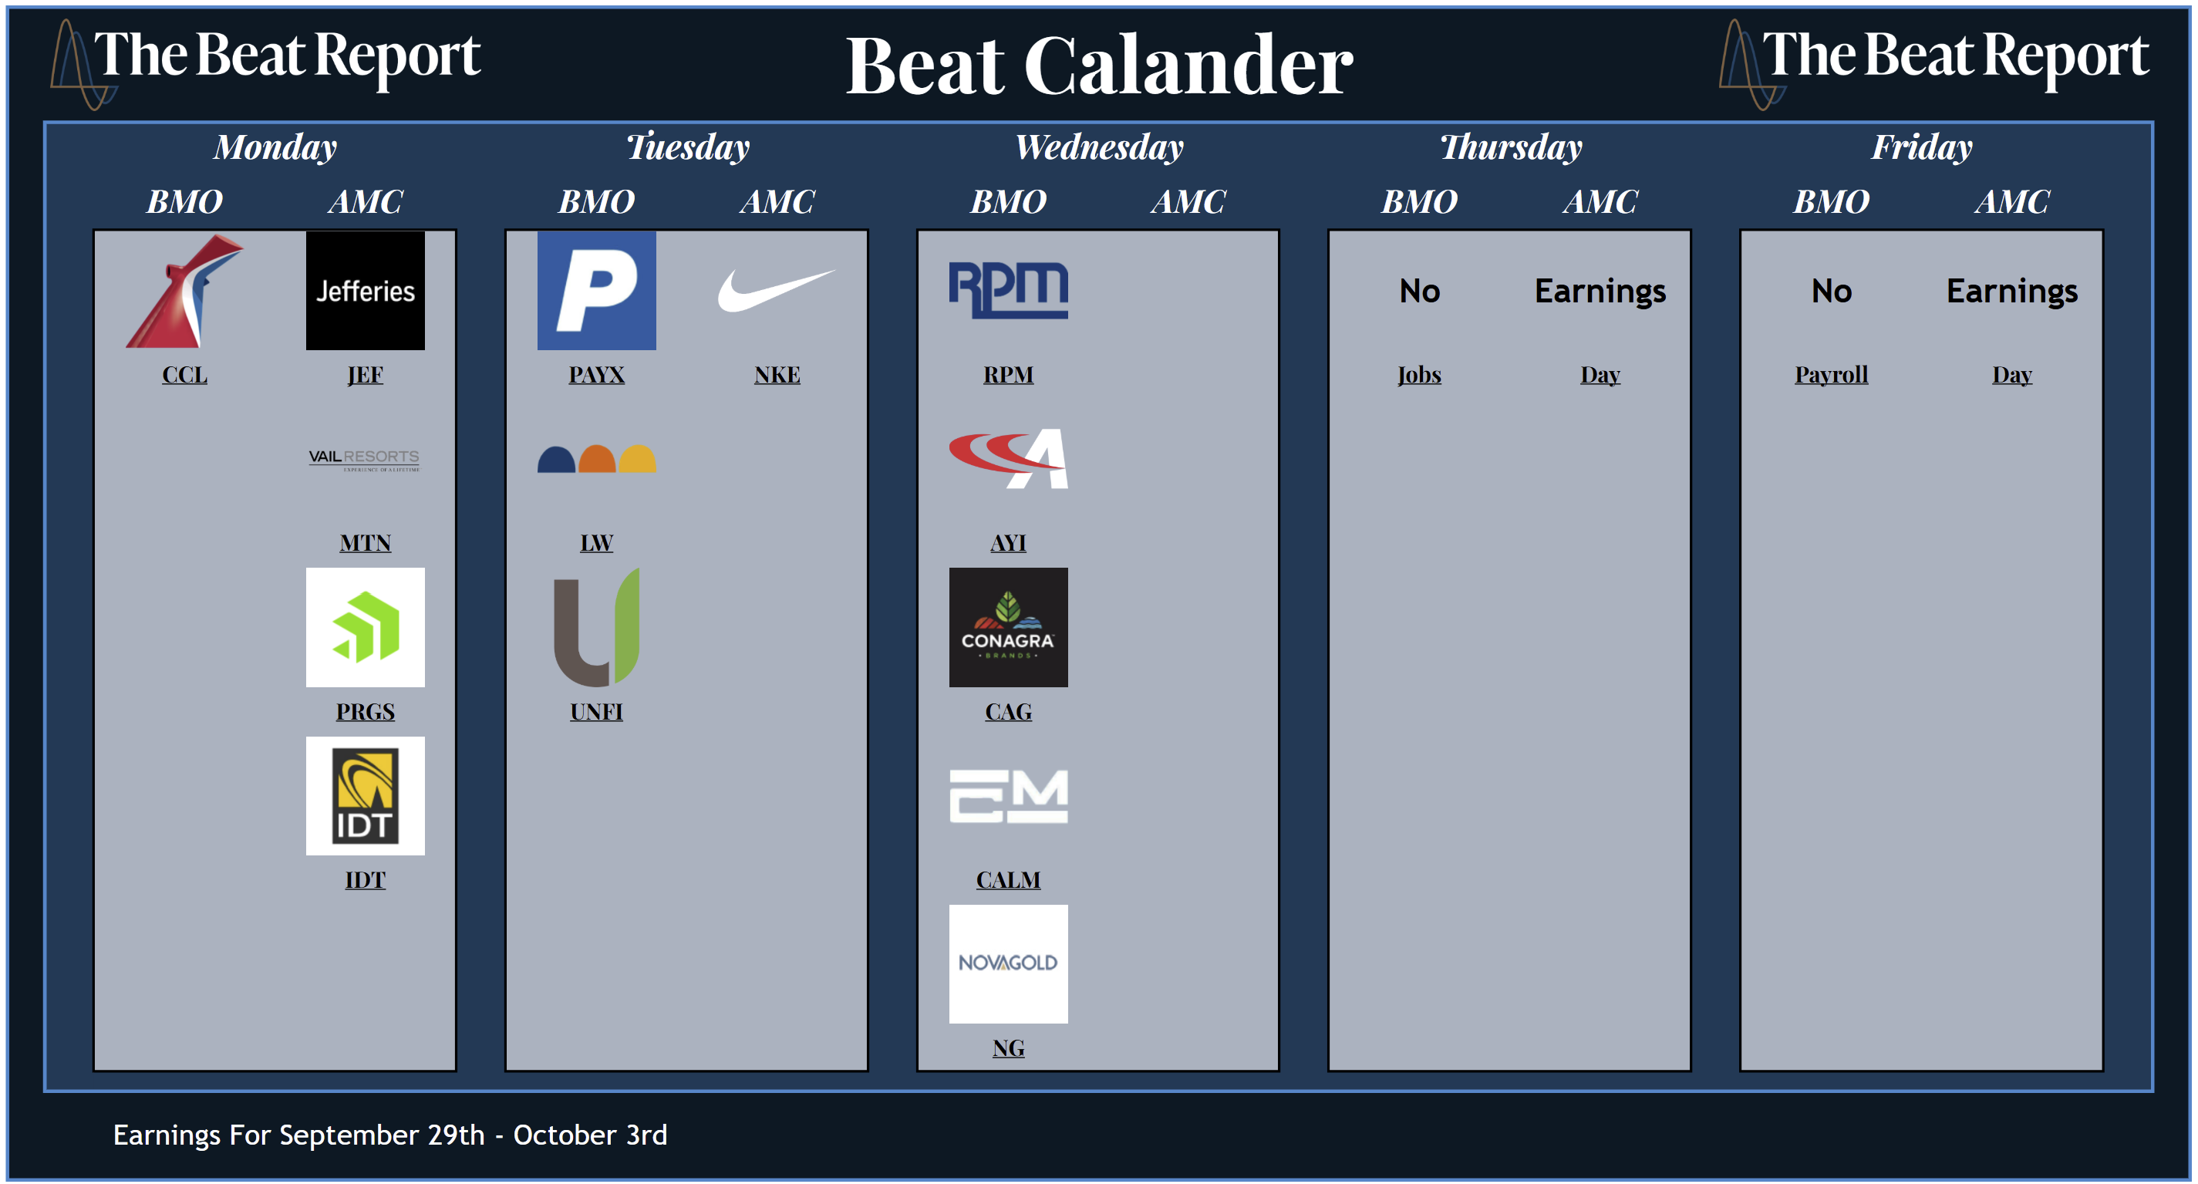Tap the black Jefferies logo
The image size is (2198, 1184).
tap(366, 290)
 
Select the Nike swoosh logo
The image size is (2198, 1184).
tap(777, 290)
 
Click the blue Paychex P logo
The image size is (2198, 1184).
tap(596, 290)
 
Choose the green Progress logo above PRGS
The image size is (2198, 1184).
tap(366, 627)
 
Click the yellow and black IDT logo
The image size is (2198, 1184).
tap(366, 795)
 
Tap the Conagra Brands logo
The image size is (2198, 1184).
tap(1009, 627)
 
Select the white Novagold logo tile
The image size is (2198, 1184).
tap(1009, 963)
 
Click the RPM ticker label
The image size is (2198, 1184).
tap(1009, 375)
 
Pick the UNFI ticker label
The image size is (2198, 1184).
tap(596, 711)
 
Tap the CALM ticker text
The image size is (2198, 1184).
tap(1009, 879)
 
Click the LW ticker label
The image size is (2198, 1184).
tap(596, 543)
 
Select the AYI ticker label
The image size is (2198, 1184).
tap(1009, 543)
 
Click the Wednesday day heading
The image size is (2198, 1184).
tap(1099, 147)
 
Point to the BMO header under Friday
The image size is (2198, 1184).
tap(1831, 202)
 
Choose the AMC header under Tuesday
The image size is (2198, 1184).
tap(777, 202)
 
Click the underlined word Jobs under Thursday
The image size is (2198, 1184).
tap(1419, 375)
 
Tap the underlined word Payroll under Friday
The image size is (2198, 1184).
tap(1831, 375)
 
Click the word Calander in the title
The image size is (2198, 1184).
tap(1188, 66)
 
